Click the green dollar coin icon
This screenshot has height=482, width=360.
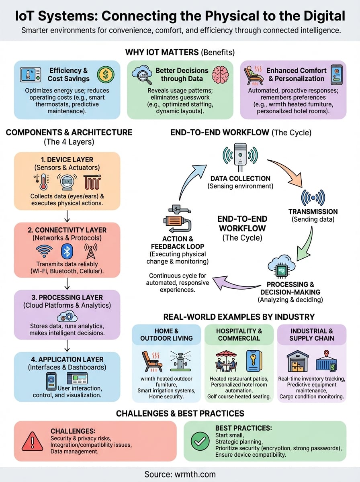106,75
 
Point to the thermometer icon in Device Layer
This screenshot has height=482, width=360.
41,182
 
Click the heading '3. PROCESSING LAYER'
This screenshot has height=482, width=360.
67,298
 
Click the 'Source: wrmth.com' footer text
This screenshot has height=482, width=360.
180,474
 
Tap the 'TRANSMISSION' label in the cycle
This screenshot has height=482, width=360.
313,212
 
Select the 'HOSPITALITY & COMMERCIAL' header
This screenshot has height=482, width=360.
239,334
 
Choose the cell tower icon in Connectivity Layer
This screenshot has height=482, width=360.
91,251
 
